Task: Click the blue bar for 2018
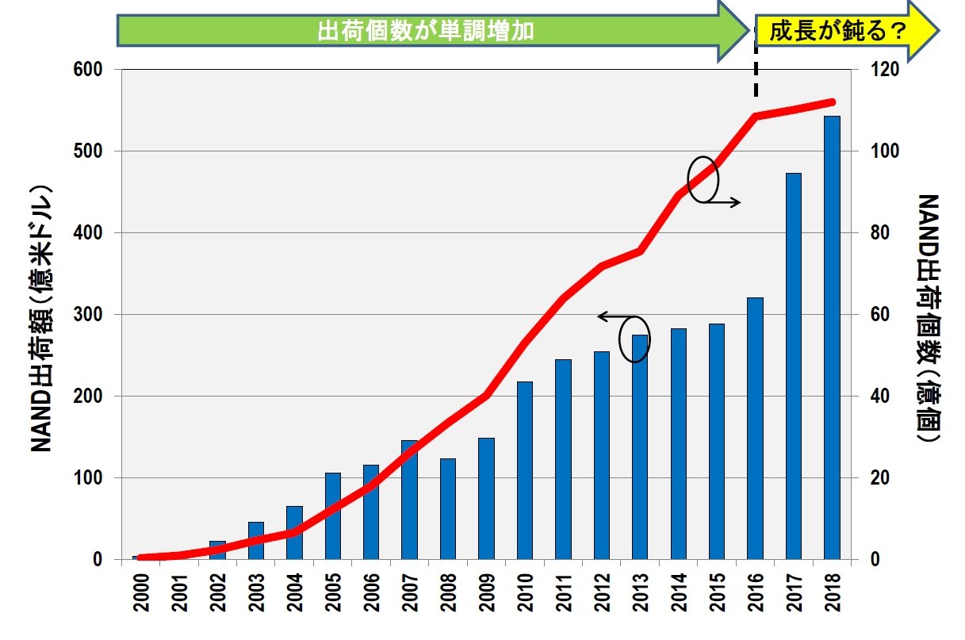click(x=832, y=337)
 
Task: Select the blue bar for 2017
click(x=794, y=366)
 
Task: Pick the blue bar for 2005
click(x=333, y=515)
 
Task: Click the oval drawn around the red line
click(x=703, y=178)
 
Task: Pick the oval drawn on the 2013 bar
click(x=634, y=339)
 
